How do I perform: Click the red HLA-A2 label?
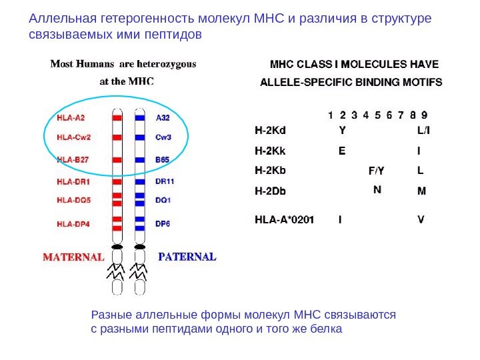[71, 117]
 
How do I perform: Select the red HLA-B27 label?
[73, 160]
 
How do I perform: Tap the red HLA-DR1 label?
[73, 180]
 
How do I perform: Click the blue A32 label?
[163, 117]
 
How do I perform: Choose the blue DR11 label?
[165, 180]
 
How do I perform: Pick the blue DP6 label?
[163, 223]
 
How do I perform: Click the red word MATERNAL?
[74, 256]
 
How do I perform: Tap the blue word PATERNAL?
[187, 256]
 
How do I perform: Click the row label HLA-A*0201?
[285, 218]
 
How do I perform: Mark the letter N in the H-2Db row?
[377, 189]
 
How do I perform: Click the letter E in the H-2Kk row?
[342, 151]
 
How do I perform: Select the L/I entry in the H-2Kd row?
[423, 131]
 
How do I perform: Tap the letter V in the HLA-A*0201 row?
[421, 218]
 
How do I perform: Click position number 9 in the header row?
[424, 114]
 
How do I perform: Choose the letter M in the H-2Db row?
[421, 191]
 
